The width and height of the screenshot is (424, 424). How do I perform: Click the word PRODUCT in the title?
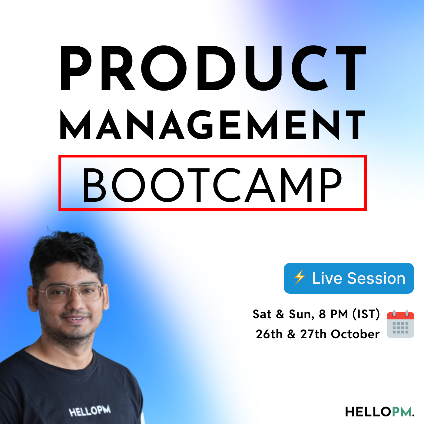(x=213, y=68)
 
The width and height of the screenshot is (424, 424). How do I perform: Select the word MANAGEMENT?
(x=213, y=125)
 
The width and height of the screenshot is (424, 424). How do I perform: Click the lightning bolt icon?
(x=300, y=277)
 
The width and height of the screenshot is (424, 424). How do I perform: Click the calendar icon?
(x=400, y=324)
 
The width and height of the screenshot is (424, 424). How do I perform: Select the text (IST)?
(x=366, y=314)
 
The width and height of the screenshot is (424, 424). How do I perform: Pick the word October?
(x=355, y=334)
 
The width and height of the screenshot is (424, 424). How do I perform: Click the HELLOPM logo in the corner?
(x=379, y=412)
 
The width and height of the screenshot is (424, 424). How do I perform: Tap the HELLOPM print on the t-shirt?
(x=90, y=411)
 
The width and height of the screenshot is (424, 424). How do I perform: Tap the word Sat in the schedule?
(x=262, y=314)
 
